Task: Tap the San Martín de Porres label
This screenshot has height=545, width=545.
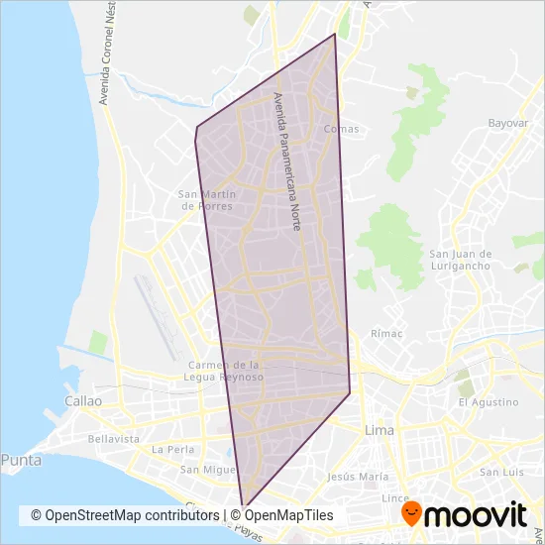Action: coord(205,200)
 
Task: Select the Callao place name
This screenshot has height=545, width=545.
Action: coord(82,401)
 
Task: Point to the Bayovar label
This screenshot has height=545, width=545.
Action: coord(507,123)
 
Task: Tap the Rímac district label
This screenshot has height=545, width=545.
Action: coord(386,334)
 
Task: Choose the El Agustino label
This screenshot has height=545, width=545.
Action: coord(489,402)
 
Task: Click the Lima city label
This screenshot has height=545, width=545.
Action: coord(380,430)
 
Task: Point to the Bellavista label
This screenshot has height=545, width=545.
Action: coord(113,438)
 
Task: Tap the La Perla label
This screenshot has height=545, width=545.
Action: coord(171,449)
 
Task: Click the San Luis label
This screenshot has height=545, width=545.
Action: coord(501,472)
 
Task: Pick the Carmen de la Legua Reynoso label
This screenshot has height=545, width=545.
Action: coord(225,371)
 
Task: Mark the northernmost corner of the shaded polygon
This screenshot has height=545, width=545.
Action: coord(335,35)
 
